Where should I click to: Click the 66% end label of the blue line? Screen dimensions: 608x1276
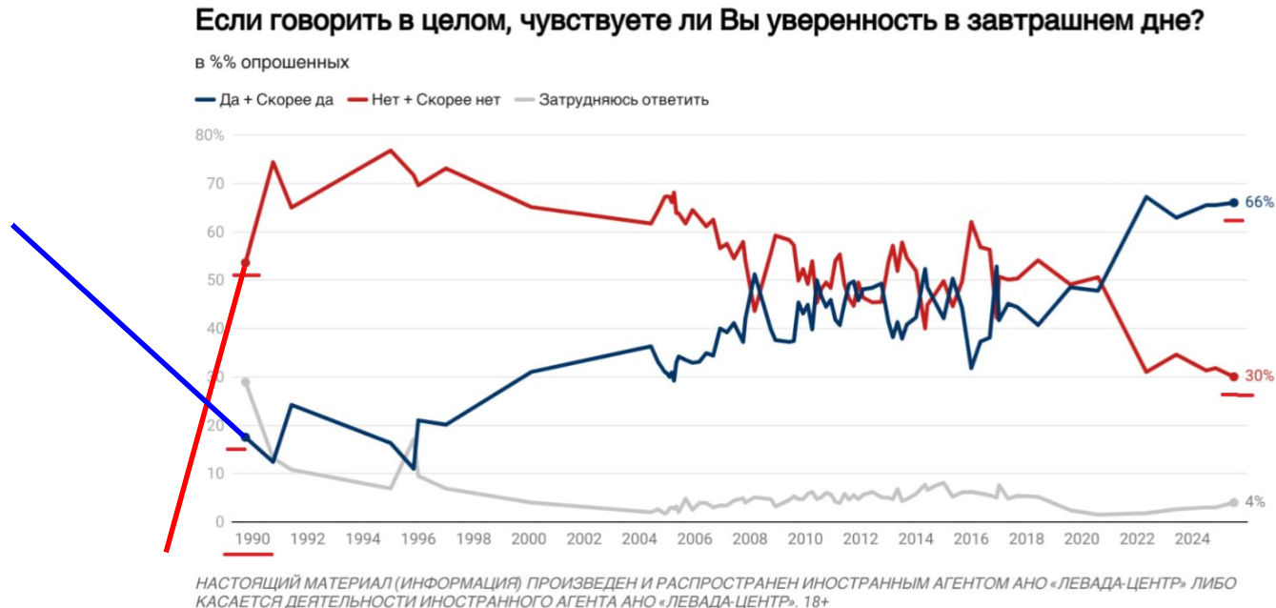(x=1259, y=202)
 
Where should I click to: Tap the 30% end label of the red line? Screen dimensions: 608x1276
(x=1259, y=376)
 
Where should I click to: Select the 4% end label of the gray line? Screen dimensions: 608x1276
(x=1255, y=502)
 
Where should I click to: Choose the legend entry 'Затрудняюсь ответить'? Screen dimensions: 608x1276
(x=623, y=99)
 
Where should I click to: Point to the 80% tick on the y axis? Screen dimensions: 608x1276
(x=210, y=135)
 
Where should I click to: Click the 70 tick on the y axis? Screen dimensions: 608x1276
(x=215, y=183)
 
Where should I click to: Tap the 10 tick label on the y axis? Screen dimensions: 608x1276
(x=215, y=474)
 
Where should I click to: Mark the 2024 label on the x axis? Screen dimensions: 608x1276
(x=1192, y=538)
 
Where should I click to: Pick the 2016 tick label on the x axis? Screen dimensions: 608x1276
(x=971, y=538)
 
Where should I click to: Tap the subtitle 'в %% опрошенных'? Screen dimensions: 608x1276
(x=272, y=63)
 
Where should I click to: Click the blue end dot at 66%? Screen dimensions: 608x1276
(x=1233, y=202)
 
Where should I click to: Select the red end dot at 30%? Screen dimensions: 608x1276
(x=1233, y=376)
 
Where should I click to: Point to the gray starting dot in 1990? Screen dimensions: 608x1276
(x=246, y=382)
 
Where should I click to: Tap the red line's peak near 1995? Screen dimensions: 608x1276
(x=391, y=151)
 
